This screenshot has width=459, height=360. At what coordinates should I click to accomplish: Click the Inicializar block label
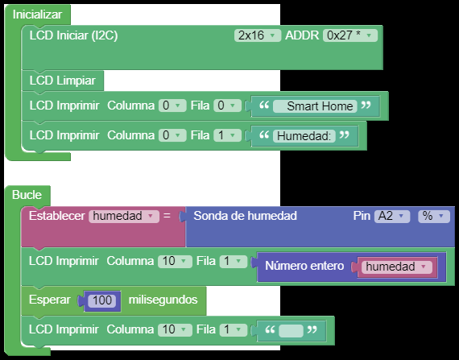pos(37,14)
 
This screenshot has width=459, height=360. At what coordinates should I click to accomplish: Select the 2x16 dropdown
pos(258,35)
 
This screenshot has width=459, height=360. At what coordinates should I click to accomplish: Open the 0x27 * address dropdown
pos(350,35)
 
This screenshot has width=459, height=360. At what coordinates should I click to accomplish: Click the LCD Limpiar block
pos(62,81)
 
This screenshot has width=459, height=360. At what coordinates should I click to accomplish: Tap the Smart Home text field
pos(315,106)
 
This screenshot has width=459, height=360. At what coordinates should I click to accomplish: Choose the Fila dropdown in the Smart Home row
pos(227,106)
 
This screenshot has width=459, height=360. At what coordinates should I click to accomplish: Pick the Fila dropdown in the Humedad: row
pos(227,135)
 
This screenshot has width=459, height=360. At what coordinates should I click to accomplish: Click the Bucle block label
pos(27,195)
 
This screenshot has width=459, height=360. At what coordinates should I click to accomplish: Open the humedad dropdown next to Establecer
pos(124,217)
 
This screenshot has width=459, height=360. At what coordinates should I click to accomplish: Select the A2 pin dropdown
pos(392,217)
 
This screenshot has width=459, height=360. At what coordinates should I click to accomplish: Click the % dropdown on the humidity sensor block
pos(434,217)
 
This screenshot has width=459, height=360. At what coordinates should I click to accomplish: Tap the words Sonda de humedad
pos(245,216)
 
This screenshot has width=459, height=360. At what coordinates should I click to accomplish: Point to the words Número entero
pos(304,266)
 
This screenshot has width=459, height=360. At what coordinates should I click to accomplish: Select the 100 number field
pos(102,300)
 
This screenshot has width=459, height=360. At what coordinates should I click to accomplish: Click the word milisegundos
pos(163,300)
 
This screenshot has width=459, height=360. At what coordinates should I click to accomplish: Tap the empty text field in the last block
pos(291,331)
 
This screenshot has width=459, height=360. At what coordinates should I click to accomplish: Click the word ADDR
pos(302,35)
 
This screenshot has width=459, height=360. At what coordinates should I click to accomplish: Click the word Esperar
pos(49,300)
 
